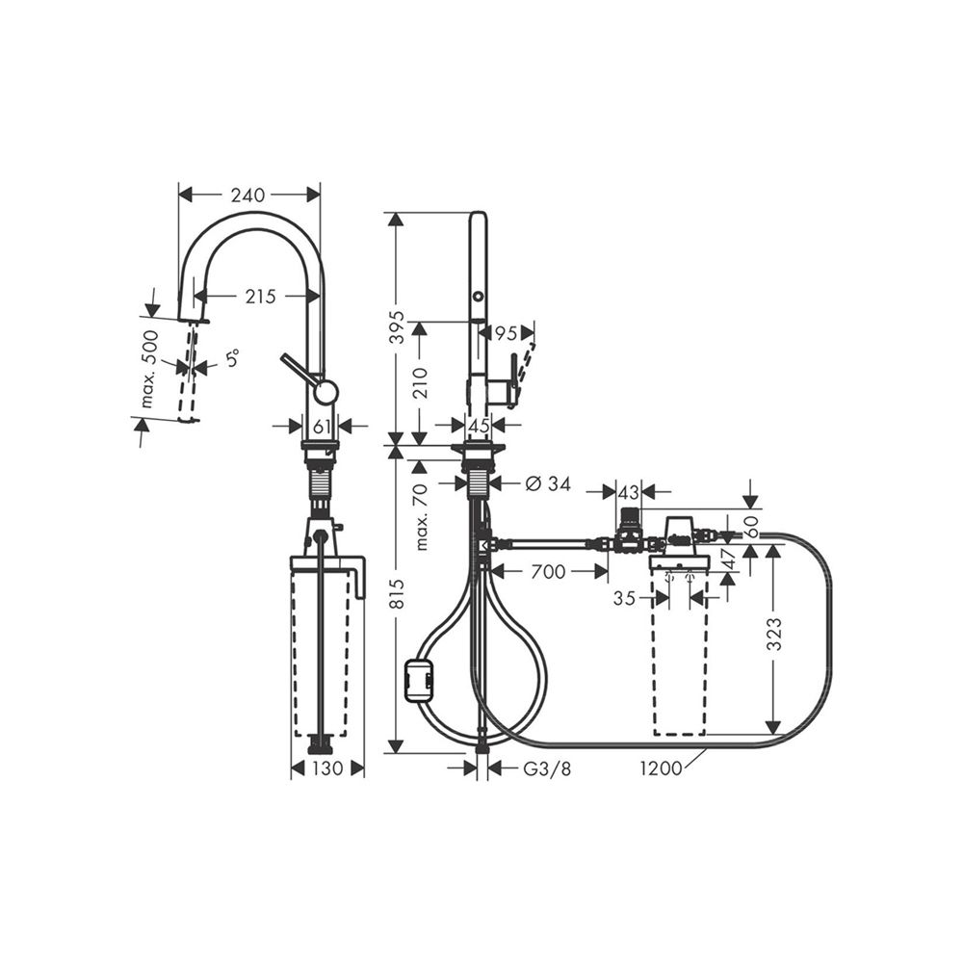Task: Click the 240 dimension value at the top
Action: [x=247, y=195]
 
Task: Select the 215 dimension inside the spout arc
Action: [x=260, y=298]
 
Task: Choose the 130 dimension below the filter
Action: [x=327, y=768]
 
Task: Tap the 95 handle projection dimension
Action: [x=506, y=333]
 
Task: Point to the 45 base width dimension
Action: [x=478, y=425]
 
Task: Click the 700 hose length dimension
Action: [x=548, y=572]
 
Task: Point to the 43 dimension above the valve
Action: [x=628, y=491]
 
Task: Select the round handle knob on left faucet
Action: [x=326, y=391]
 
